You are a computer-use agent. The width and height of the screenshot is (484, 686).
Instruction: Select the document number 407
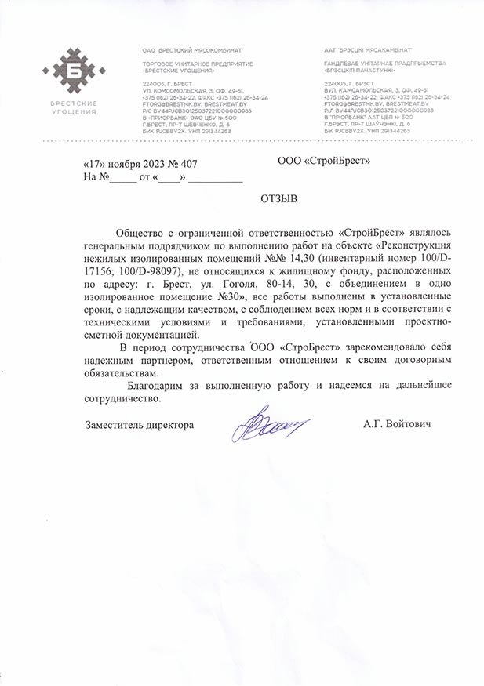click(187, 165)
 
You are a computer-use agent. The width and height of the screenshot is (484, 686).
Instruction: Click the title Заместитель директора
click(139, 424)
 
